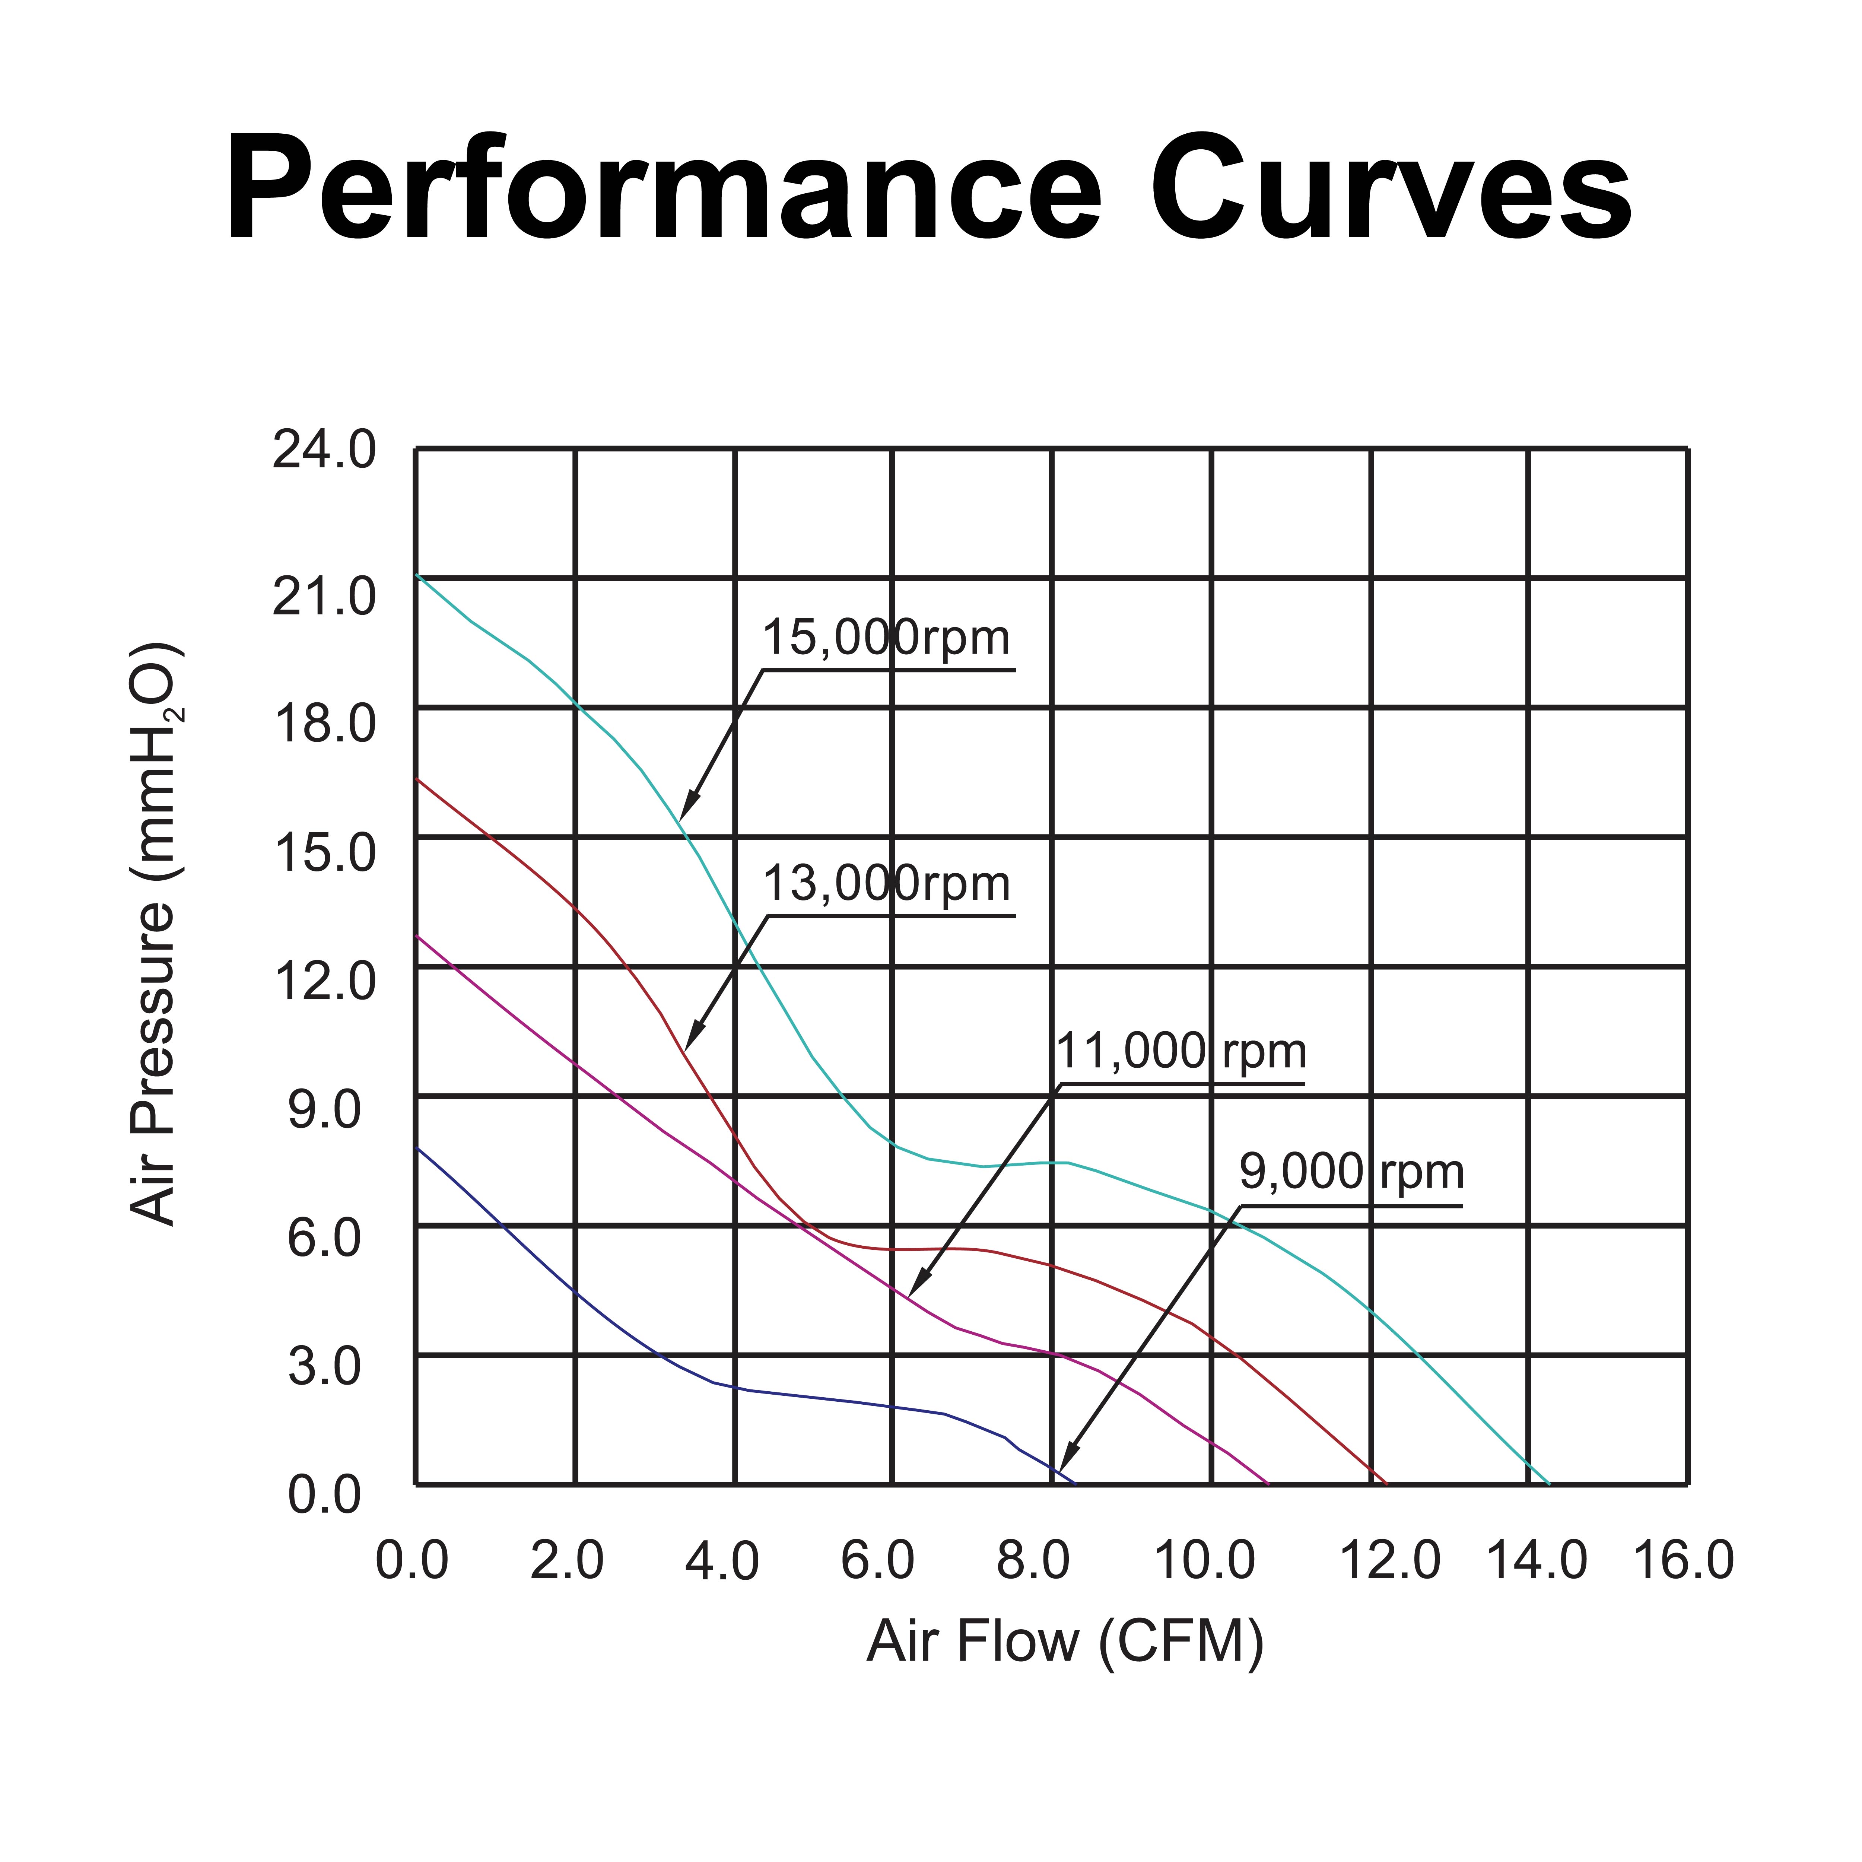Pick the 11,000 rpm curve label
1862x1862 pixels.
1182,1051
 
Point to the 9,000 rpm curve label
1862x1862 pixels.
1351,1173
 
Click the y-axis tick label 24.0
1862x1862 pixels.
324,451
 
